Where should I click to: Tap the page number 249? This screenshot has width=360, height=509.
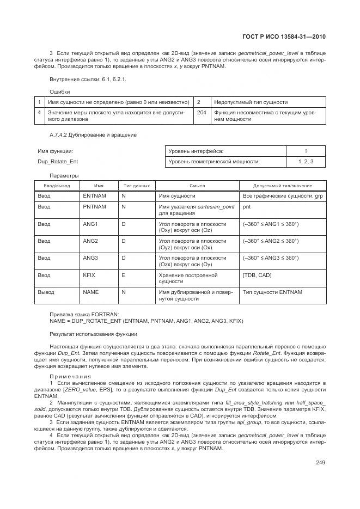click(320, 463)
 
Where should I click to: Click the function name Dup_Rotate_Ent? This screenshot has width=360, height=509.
click(58, 162)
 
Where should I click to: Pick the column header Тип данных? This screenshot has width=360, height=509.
click(137, 186)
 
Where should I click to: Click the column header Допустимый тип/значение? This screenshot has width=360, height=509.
click(283, 186)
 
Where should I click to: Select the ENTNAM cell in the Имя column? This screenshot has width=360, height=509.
click(94, 195)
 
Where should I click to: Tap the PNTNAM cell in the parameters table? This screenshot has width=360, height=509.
click(94, 207)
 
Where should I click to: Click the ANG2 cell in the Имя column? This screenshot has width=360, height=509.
click(90, 241)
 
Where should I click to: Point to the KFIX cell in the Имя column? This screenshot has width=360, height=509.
click(89, 275)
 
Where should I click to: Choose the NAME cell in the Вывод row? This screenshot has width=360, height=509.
click(90, 292)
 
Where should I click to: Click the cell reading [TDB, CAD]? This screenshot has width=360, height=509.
click(257, 275)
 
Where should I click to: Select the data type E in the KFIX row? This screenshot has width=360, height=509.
click(123, 275)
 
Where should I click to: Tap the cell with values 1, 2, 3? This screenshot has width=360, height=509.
click(306, 162)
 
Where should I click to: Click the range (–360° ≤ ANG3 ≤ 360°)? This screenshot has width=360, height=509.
click(271, 258)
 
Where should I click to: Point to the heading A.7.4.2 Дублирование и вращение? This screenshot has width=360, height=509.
click(93, 134)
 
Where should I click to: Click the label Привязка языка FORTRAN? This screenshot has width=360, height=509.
click(84, 315)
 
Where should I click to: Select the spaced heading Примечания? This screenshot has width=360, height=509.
click(71, 377)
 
